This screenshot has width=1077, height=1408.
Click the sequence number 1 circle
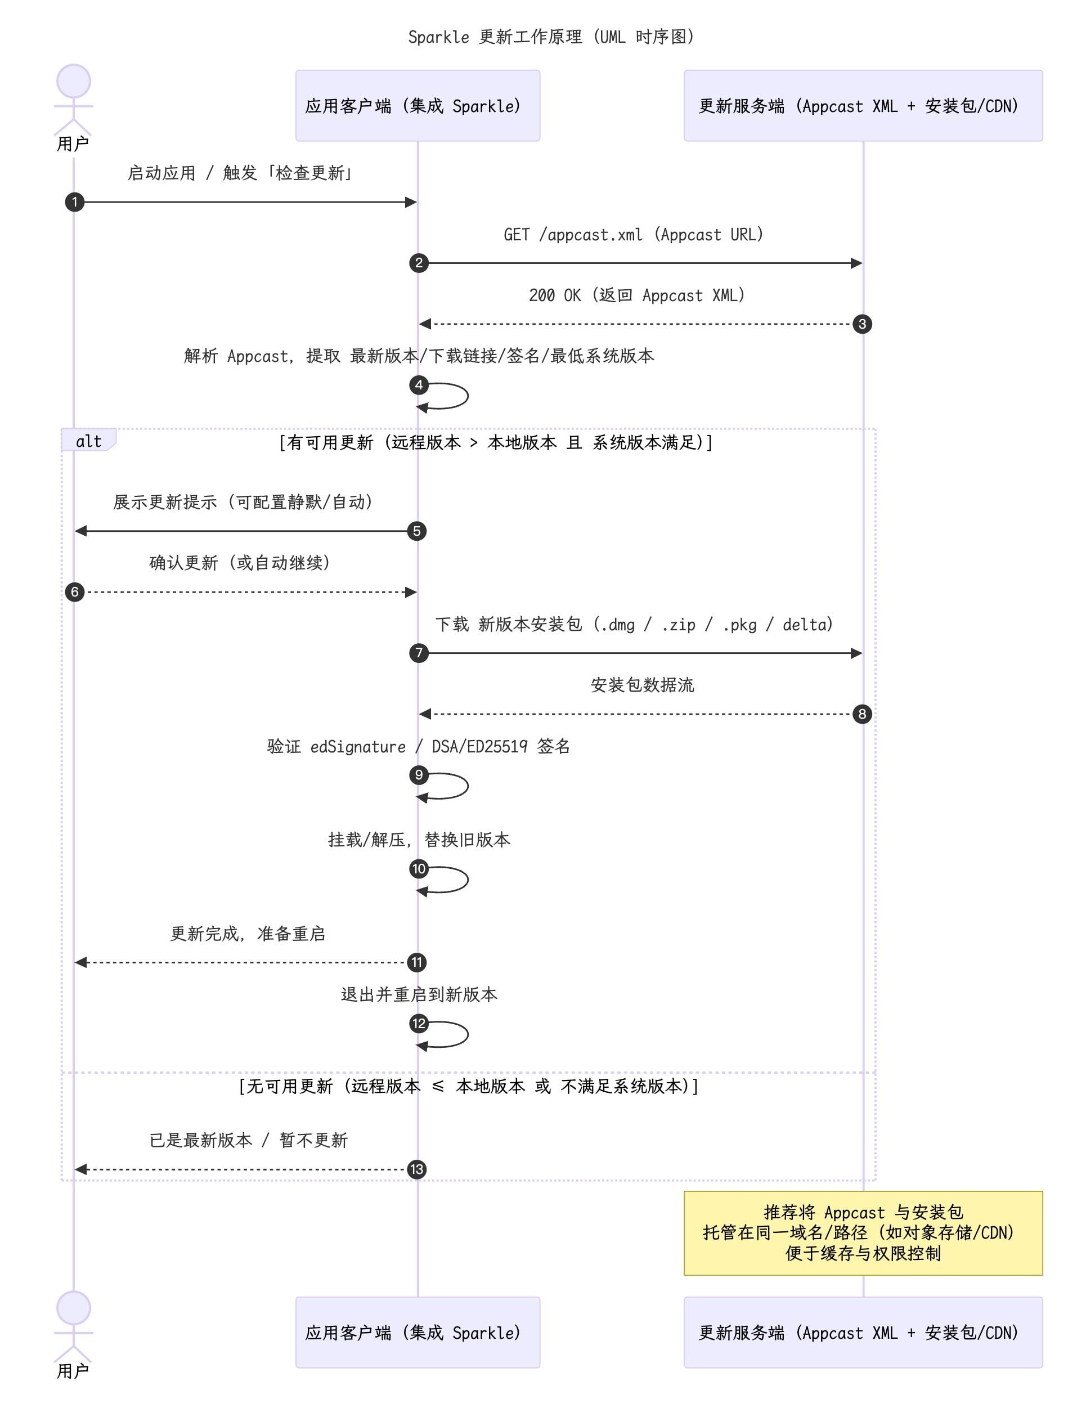74,202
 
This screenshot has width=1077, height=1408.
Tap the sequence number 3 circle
862,324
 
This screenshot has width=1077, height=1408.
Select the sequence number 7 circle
419,653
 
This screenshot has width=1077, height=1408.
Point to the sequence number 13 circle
417,1169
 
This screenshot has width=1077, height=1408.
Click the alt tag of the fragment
88,441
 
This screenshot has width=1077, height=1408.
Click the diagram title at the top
551,37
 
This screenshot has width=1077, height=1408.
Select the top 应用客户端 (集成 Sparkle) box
418,106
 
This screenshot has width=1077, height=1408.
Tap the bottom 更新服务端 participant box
863,1333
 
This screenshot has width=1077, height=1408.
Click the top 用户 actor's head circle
74,82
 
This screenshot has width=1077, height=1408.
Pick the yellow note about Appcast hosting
863,1232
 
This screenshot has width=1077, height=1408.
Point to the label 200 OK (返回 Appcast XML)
636,295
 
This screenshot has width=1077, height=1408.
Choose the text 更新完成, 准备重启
248,934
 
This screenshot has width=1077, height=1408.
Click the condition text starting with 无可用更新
469,1086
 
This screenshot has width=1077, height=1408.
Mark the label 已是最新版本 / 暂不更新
249,1140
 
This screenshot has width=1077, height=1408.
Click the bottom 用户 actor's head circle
74,1308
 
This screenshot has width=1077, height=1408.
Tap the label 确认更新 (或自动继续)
240,563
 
